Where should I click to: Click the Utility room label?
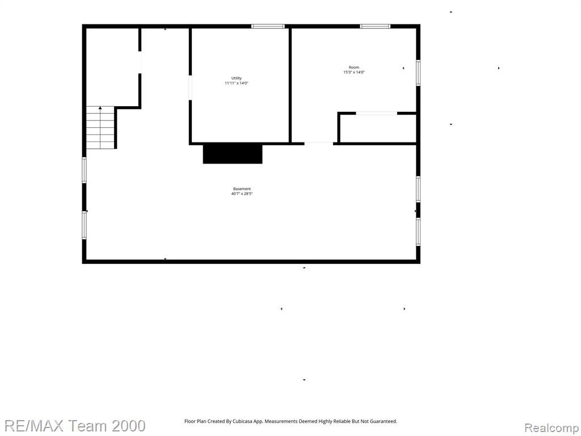(237, 78)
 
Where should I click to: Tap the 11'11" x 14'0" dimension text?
(237, 83)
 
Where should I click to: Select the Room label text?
(354, 68)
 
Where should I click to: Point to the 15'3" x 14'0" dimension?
(354, 72)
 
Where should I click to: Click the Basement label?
(242, 188)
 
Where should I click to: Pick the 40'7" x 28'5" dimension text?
(242, 194)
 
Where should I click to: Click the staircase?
(101, 128)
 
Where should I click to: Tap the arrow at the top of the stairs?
(100, 108)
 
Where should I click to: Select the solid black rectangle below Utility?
(233, 154)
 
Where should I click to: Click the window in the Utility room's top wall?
(268, 26)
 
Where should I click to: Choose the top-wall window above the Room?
(375, 26)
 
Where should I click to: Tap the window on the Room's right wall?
(418, 73)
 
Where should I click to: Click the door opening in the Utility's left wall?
(190, 87)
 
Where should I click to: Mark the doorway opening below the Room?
(319, 143)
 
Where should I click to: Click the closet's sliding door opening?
(377, 113)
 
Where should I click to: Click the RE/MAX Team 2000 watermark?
(74, 426)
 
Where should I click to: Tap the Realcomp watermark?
(552, 428)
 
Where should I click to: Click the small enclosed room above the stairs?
(112, 67)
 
